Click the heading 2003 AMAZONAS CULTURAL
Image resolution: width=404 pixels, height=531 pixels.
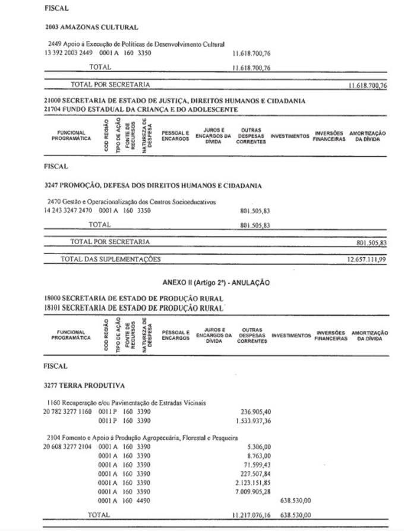(x=91, y=27)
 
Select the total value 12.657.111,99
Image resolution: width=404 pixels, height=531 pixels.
(x=367, y=260)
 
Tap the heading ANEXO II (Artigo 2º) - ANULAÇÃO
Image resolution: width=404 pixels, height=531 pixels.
(x=216, y=283)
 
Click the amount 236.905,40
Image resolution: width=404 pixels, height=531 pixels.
(x=255, y=412)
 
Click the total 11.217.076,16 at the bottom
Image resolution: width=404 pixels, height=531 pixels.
(x=251, y=515)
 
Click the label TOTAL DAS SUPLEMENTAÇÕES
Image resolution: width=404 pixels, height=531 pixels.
(x=111, y=260)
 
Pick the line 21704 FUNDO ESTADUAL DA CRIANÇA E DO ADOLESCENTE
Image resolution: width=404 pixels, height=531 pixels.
(x=141, y=109)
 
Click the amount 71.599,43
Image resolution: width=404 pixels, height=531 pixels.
(x=255, y=465)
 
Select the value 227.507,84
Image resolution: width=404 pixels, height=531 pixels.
(x=254, y=474)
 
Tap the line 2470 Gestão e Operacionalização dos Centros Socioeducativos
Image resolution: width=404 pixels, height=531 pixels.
(x=132, y=202)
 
